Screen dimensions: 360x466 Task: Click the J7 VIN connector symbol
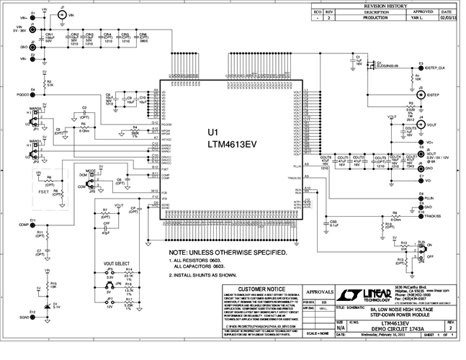click(62, 14)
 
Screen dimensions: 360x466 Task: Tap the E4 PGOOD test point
click(33, 94)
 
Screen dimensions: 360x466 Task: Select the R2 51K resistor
click(45, 84)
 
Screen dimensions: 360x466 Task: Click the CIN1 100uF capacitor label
click(50, 37)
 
